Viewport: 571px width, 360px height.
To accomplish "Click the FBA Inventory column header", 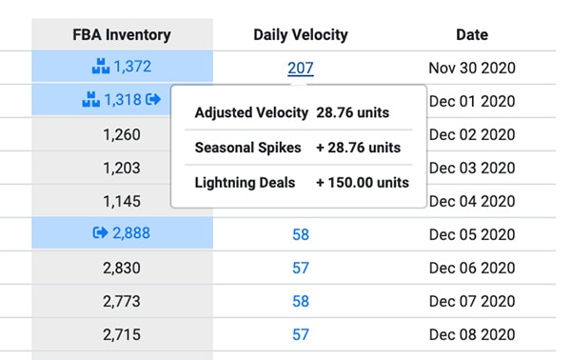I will pyautogui.click(x=122, y=35).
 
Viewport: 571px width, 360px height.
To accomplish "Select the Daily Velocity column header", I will pyautogui.click(x=300, y=35).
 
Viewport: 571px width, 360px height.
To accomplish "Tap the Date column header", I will pyautogui.click(x=471, y=35).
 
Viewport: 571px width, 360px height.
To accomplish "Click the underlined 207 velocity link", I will pyautogui.click(x=300, y=68).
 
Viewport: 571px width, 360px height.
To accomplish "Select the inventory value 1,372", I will pyautogui.click(x=132, y=68).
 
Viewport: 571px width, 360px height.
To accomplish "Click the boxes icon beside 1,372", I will pyautogui.click(x=100, y=68).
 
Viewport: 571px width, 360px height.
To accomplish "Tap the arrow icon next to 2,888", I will pyautogui.click(x=100, y=233).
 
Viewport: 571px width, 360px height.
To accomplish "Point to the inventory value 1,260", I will pyautogui.click(x=122, y=134).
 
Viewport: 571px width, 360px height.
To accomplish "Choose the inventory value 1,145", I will pyautogui.click(x=122, y=201).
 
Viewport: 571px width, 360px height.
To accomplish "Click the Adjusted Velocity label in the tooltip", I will pyautogui.click(x=251, y=113).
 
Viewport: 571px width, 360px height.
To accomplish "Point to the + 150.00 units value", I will pyautogui.click(x=363, y=182).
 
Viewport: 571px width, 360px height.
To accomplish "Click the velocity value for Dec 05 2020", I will pyautogui.click(x=300, y=233).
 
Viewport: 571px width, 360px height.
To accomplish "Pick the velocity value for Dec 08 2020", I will pyautogui.click(x=300, y=334).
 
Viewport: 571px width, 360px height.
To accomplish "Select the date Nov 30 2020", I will pyautogui.click(x=471, y=68).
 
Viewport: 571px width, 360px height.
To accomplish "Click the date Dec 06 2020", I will pyautogui.click(x=471, y=268).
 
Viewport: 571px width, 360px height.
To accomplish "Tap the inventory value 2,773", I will pyautogui.click(x=122, y=301).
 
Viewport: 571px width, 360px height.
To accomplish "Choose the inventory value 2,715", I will pyautogui.click(x=122, y=334).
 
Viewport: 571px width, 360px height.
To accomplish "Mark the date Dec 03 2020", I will pyautogui.click(x=471, y=168).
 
